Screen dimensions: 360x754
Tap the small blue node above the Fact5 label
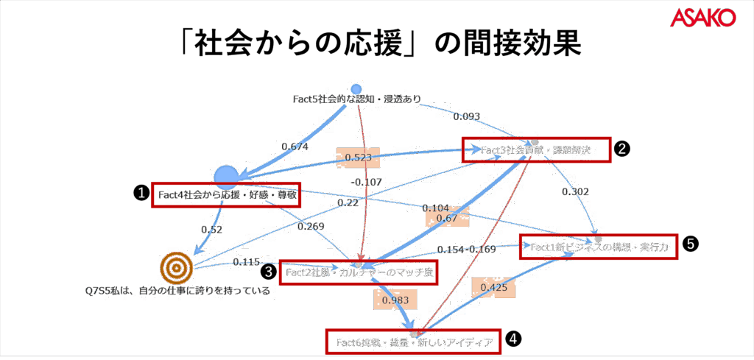click(356, 89)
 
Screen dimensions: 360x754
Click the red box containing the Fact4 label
click(226, 195)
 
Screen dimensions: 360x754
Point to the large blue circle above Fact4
click(226, 176)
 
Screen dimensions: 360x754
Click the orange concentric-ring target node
click(175, 269)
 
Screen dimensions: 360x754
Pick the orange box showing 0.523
click(357, 156)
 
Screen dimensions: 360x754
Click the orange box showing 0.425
click(493, 286)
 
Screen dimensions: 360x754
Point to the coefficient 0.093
click(466, 116)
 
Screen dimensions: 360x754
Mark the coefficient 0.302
click(574, 191)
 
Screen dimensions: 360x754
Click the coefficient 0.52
click(211, 229)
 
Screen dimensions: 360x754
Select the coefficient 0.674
click(294, 147)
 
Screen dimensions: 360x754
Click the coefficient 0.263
click(310, 227)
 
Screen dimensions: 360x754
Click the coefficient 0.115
click(247, 261)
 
